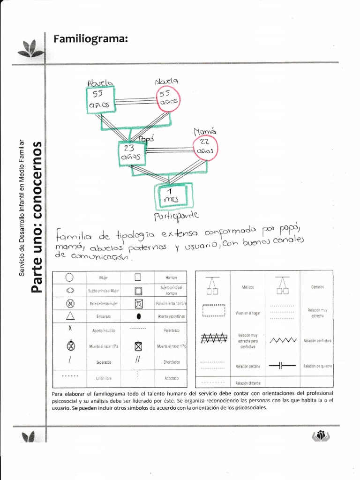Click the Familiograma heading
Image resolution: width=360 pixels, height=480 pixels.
[91, 38]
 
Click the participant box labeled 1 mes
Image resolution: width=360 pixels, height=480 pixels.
[172, 195]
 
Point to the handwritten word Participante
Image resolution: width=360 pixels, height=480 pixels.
[176, 216]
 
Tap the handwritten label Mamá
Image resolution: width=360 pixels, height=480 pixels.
[204, 132]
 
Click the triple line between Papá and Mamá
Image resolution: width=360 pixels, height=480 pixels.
[170, 150]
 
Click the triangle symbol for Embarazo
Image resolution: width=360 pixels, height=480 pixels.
[70, 316]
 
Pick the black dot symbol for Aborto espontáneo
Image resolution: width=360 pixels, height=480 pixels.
[138, 316]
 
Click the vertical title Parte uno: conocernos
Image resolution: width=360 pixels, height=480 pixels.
[37, 216]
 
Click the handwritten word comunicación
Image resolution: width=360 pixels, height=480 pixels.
[100, 256]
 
